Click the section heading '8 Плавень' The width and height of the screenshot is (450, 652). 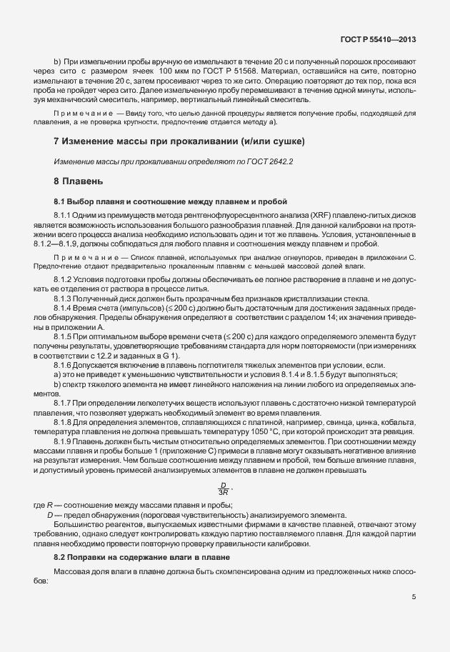pos(79,181)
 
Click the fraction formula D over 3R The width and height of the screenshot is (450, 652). pos(222,487)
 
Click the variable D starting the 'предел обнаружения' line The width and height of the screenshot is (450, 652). pos(50,516)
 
